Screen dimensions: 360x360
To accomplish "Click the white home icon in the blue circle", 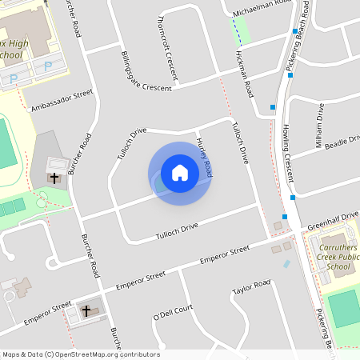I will (180, 173).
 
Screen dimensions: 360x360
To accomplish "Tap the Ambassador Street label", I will (62, 101).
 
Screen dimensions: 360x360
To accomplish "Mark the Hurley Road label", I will (205, 157).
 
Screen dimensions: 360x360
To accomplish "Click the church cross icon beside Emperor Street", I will (86, 310).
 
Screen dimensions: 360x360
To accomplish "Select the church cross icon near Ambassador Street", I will (54, 178).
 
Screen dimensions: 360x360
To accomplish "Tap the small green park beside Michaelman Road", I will (241, 32).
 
